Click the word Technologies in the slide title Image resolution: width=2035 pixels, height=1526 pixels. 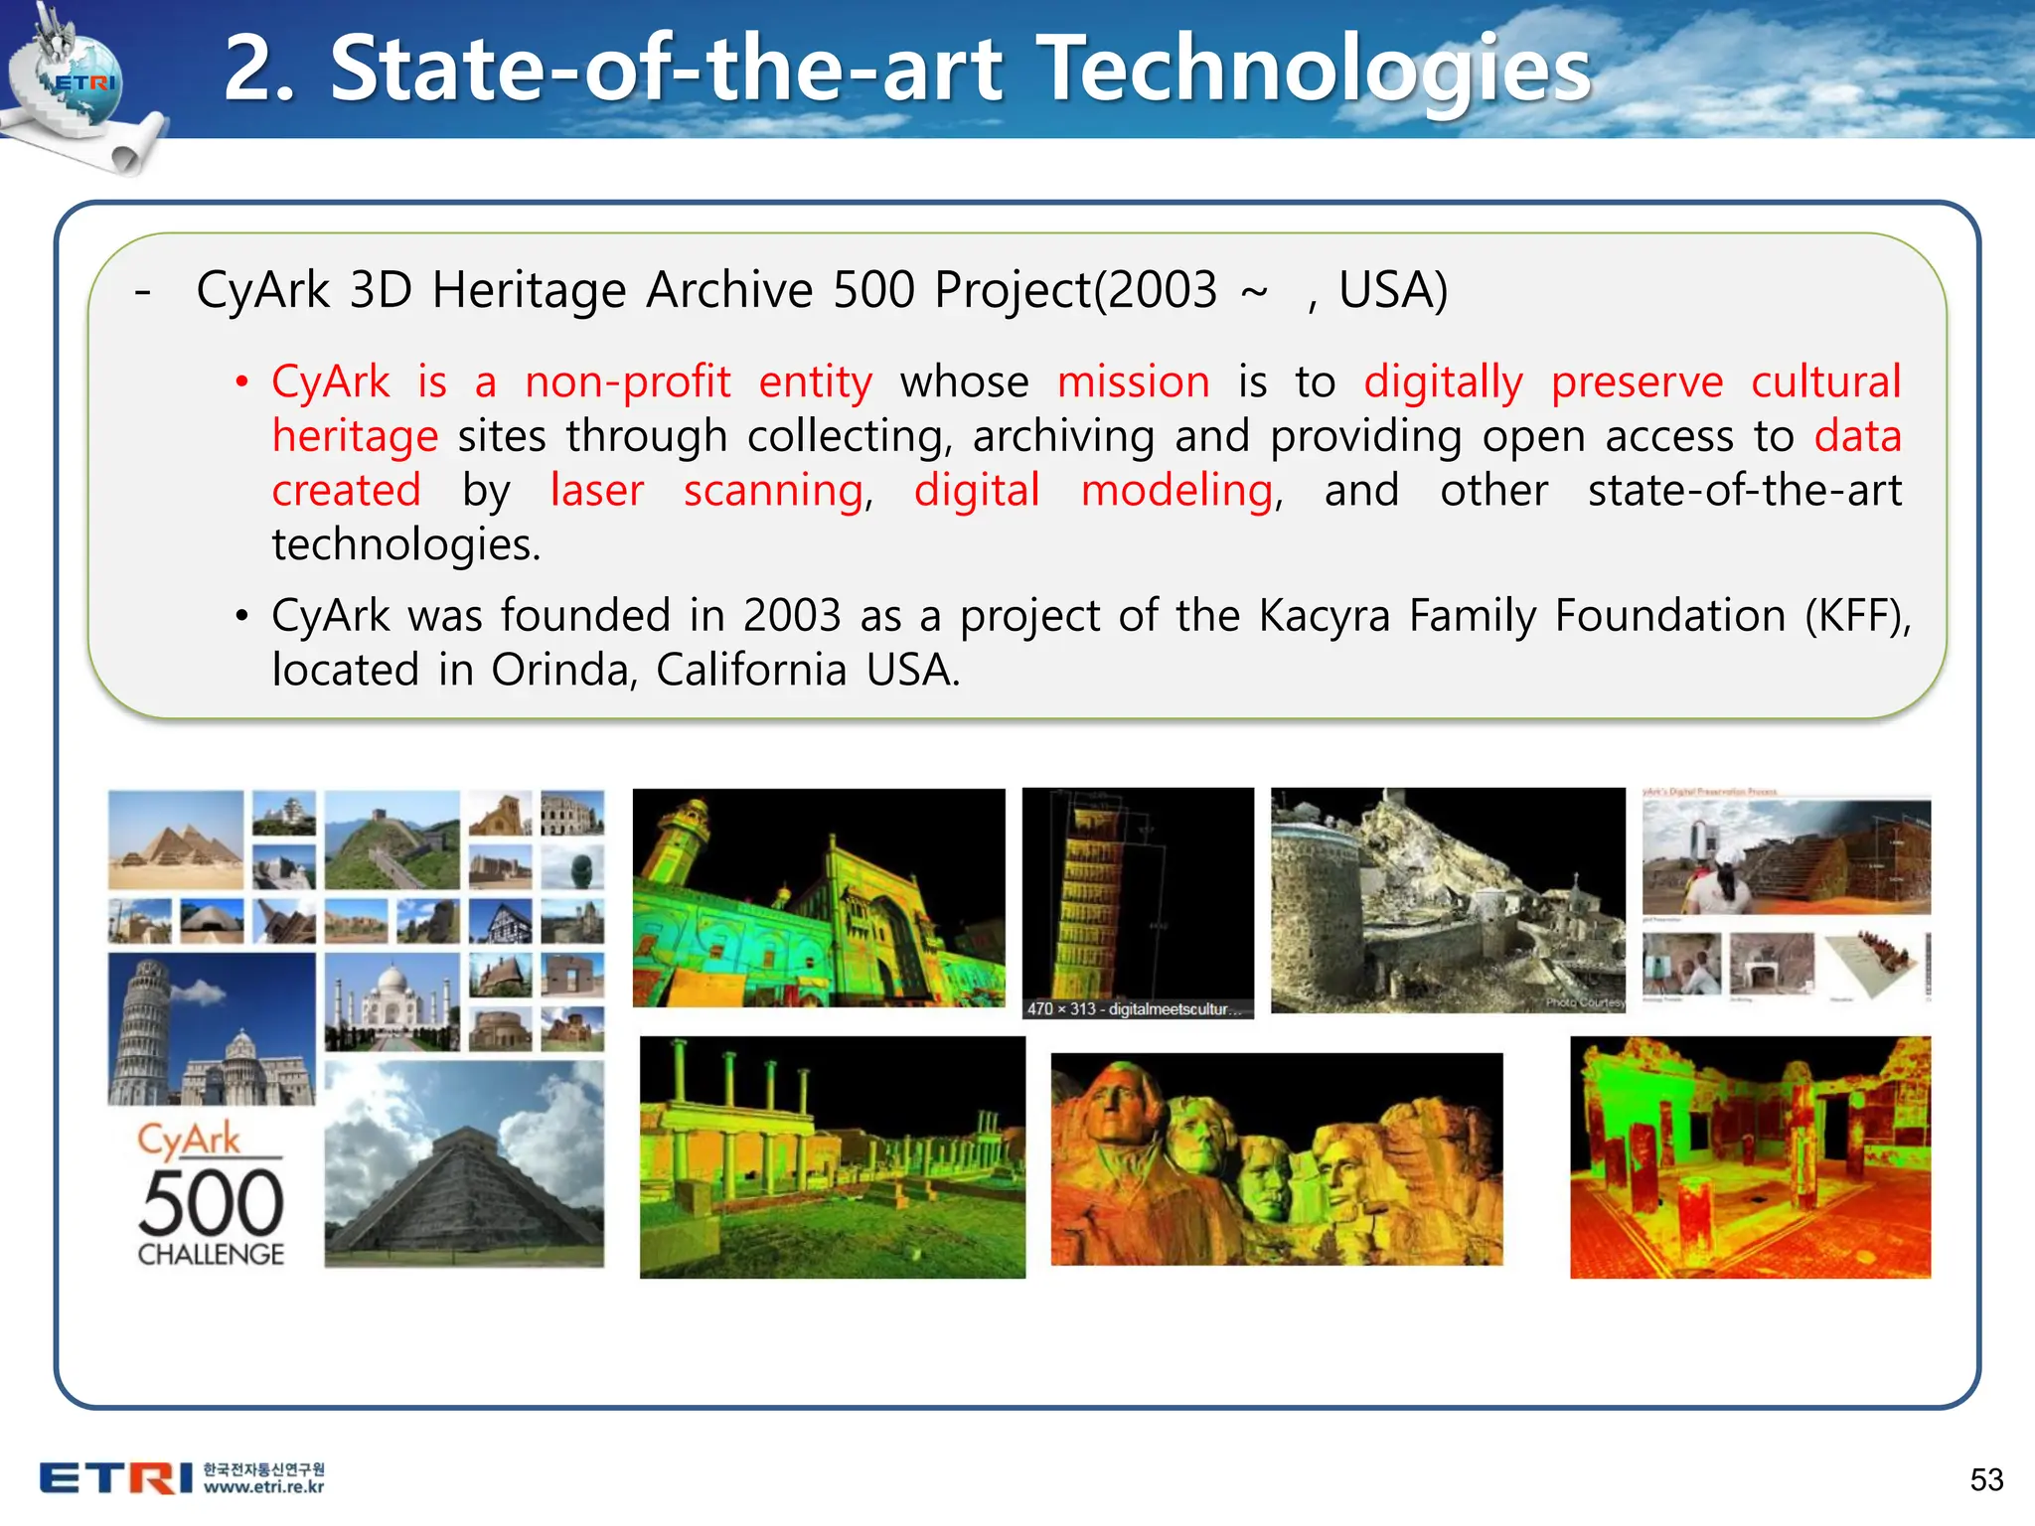point(1318,70)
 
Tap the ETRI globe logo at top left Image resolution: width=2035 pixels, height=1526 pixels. point(79,84)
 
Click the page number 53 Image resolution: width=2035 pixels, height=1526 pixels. point(1986,1479)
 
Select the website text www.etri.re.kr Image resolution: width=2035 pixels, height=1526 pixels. point(263,1487)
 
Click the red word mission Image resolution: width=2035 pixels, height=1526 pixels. point(1133,382)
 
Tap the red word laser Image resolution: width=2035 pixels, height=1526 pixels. point(596,491)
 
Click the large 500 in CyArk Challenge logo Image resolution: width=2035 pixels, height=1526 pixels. point(211,1204)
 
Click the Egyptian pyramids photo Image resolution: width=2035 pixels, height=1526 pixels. point(176,839)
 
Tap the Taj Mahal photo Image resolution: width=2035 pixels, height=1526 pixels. point(391,1001)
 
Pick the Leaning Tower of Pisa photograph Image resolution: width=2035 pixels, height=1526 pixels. point(211,1029)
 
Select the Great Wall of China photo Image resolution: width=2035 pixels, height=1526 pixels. point(391,839)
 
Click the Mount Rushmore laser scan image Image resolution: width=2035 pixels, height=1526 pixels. point(1276,1158)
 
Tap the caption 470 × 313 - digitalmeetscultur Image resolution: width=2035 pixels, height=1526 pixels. point(1134,1009)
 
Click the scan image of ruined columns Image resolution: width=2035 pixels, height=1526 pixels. point(832,1157)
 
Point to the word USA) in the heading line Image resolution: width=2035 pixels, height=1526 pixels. point(1392,291)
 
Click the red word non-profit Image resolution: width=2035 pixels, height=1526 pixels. point(627,382)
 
